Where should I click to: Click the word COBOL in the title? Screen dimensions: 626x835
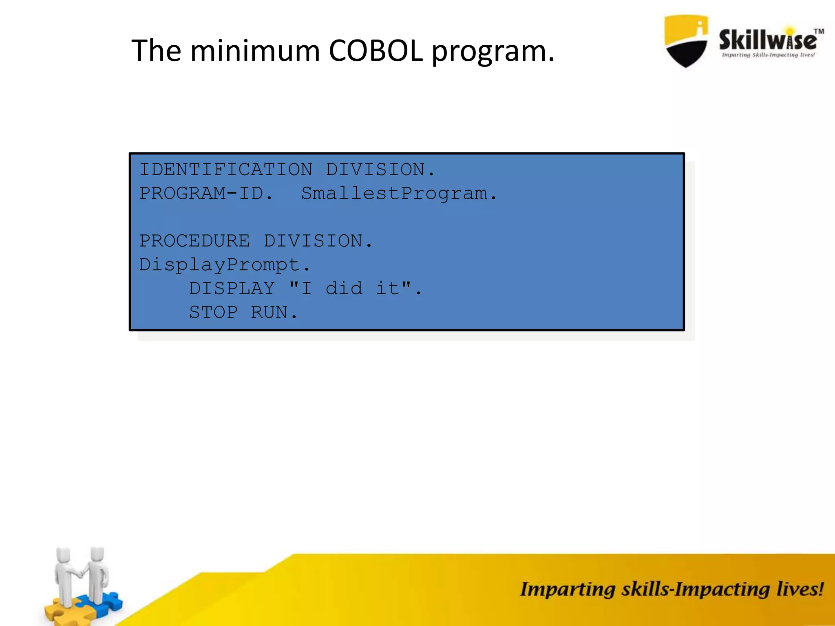(376, 51)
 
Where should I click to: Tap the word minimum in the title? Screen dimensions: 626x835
(255, 51)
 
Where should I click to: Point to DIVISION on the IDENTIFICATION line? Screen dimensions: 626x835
(375, 170)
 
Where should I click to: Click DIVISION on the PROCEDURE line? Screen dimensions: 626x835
(313, 241)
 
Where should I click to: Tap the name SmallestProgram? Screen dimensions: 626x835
(394, 193)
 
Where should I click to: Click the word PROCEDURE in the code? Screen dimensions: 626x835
(194, 241)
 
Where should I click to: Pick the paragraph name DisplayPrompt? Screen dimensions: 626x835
(220, 265)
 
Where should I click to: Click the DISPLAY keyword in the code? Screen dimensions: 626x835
(232, 289)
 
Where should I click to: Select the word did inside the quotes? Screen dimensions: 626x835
(344, 289)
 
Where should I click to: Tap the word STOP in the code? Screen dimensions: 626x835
(213, 313)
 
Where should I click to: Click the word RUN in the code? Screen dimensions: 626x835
(269, 313)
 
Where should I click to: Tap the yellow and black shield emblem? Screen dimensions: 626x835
(686, 41)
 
